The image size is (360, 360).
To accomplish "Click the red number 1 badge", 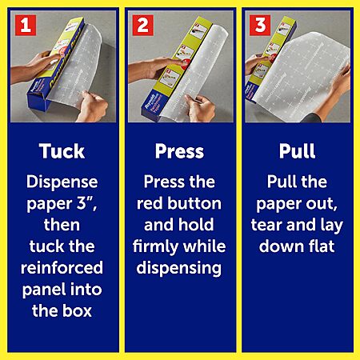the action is tap(26, 25).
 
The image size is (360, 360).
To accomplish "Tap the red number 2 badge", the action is tap(143, 25).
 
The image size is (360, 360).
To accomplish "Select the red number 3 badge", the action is tap(260, 25).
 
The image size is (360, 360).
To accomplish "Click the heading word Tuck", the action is tap(62, 151).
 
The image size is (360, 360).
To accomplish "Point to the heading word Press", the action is tap(179, 151).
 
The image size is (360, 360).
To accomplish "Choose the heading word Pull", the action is tap(297, 151).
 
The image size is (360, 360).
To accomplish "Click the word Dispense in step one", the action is tap(62, 182).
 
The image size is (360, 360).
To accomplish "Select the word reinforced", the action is tap(62, 268).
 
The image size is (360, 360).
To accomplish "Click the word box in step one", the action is tap(77, 310).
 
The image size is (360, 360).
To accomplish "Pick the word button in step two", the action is tap(194, 203).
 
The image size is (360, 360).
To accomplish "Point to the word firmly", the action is tap(155, 246).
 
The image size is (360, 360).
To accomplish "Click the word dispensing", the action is tap(179, 268).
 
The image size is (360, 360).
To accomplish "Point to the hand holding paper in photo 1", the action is tap(91, 106).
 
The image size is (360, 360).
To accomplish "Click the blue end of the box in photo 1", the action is tap(38, 99).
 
